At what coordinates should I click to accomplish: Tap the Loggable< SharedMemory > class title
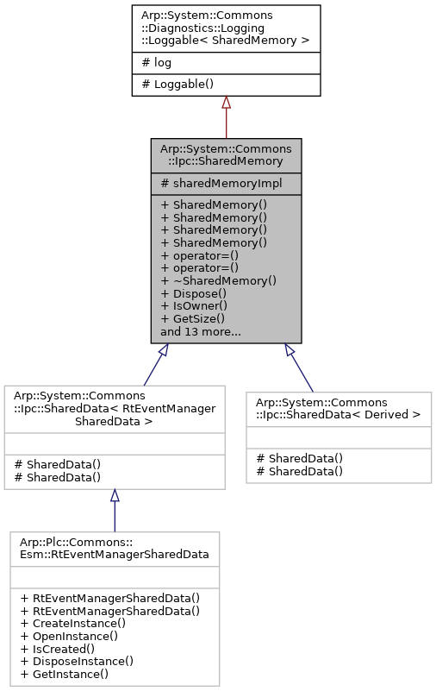226,28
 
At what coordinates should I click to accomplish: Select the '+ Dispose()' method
193,293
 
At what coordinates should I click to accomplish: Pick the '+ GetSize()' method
193,318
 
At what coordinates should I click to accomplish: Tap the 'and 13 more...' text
200,330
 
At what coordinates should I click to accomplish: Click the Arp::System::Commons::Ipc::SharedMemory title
226,155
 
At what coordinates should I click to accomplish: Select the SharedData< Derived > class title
338,408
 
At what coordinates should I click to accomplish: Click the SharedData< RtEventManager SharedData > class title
115,408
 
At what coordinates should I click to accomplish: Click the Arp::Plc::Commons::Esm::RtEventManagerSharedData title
115,547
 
